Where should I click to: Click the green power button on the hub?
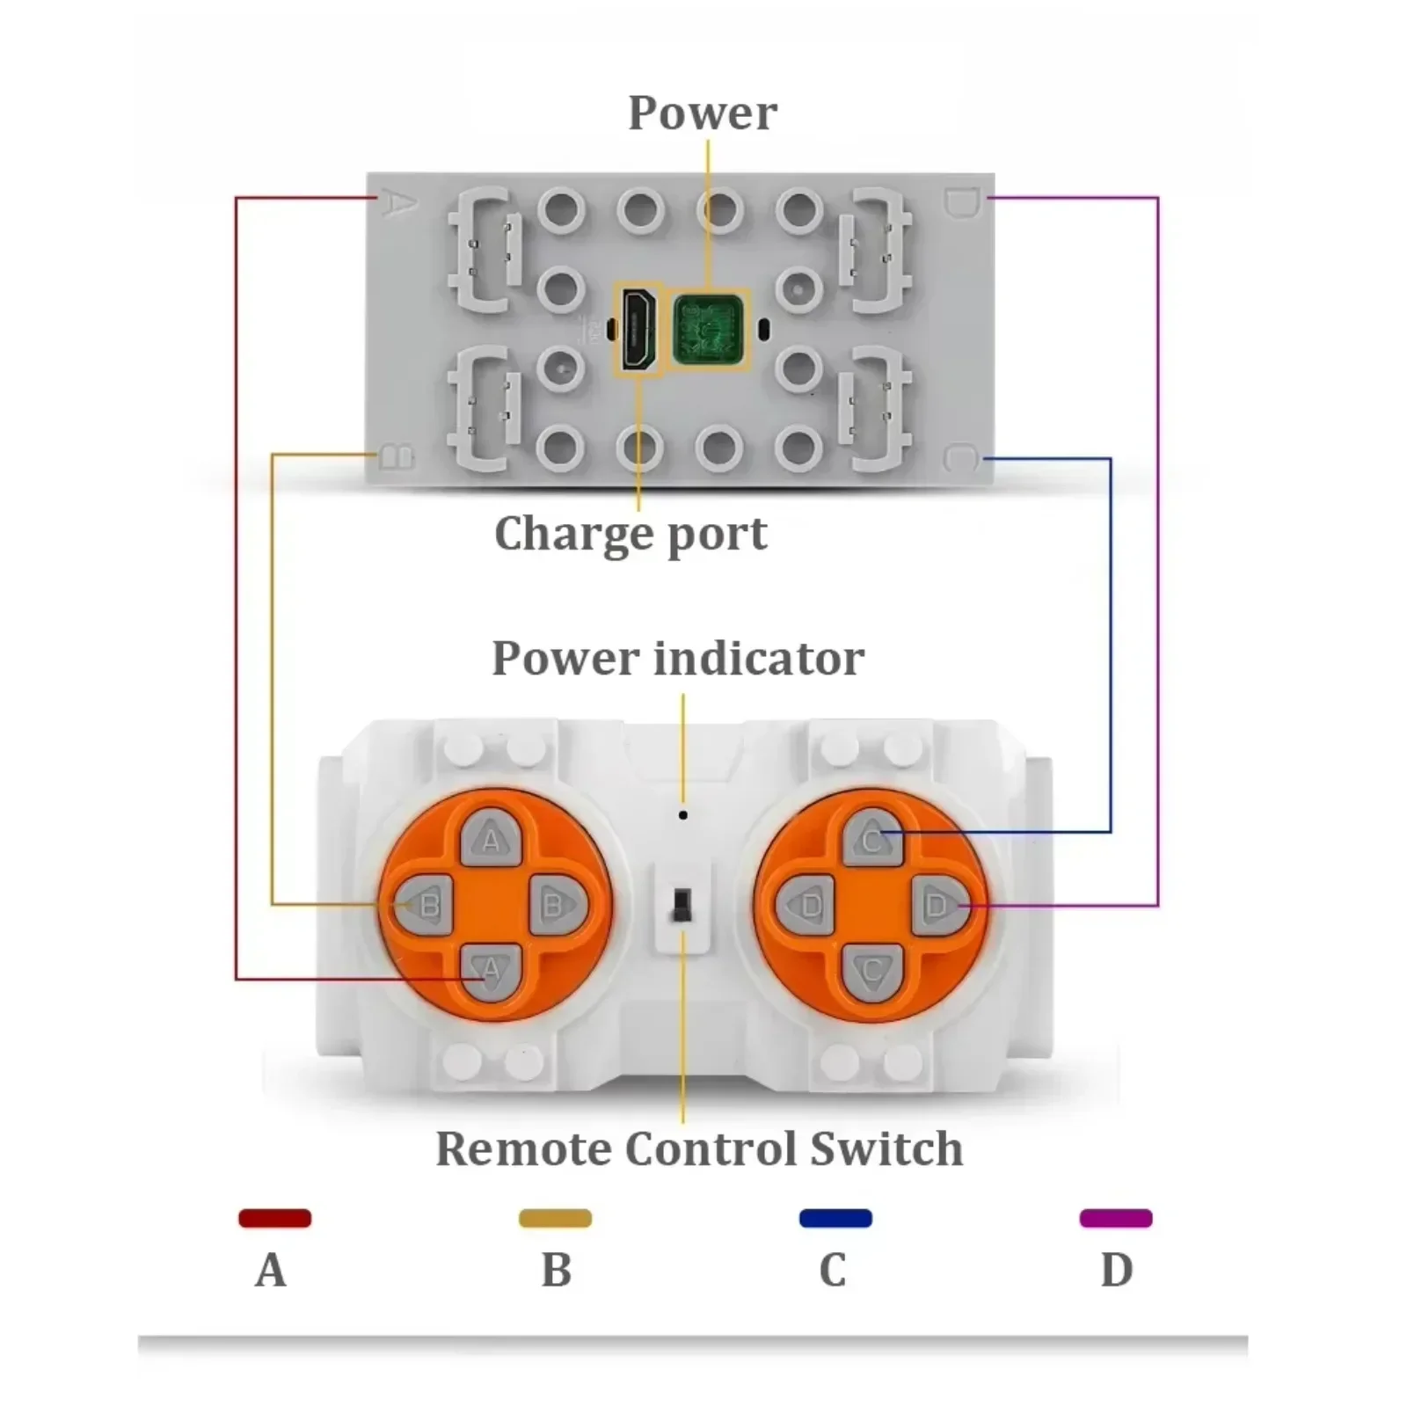[x=709, y=331]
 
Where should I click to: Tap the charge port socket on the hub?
[x=639, y=330]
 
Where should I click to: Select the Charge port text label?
[x=631, y=534]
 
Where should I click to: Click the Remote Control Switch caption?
[x=699, y=1148]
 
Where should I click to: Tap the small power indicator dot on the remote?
[x=683, y=815]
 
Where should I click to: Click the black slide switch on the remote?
[x=682, y=905]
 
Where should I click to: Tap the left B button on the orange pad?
[x=424, y=905]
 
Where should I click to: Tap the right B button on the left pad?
[x=558, y=905]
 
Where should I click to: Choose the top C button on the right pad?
[x=872, y=839]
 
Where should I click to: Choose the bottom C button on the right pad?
[x=872, y=972]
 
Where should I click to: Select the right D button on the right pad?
[x=940, y=905]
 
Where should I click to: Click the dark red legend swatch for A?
[x=275, y=1218]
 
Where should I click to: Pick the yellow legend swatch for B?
[x=555, y=1218]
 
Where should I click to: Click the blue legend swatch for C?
[x=835, y=1218]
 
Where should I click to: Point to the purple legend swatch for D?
[x=1116, y=1218]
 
